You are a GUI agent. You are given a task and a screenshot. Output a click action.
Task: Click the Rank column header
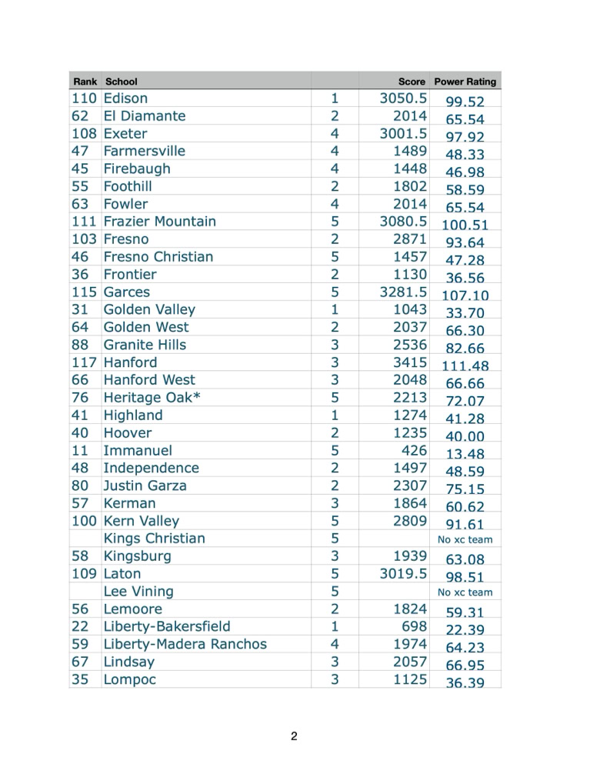pos(85,82)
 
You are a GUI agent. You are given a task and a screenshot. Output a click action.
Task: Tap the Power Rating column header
pos(465,82)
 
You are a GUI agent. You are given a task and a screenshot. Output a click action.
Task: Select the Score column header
pos(412,82)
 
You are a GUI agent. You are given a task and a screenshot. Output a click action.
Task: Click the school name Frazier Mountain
pos(159,222)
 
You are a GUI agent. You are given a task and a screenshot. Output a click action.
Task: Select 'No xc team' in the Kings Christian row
pos(465,540)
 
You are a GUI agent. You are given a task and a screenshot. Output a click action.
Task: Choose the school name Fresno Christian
pos(158,257)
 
